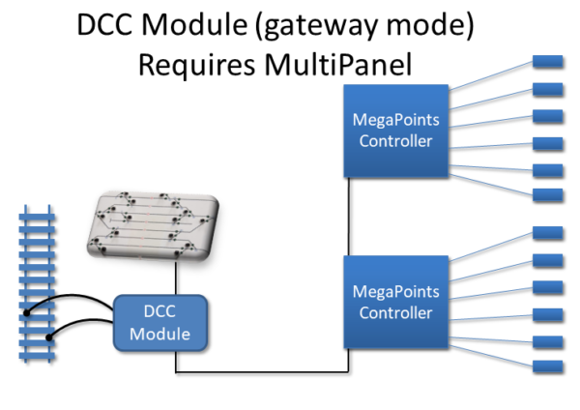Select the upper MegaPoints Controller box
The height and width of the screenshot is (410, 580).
point(394,131)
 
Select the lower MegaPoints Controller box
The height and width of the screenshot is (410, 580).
point(394,302)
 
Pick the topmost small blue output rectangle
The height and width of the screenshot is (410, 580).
point(548,62)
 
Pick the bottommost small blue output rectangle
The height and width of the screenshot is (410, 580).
point(548,366)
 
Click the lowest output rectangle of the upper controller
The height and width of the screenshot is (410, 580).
point(548,196)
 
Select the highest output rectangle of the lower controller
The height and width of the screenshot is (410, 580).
point(548,232)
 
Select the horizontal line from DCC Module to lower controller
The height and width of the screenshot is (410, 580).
point(261,372)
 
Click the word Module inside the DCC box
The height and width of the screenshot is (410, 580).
point(159,335)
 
